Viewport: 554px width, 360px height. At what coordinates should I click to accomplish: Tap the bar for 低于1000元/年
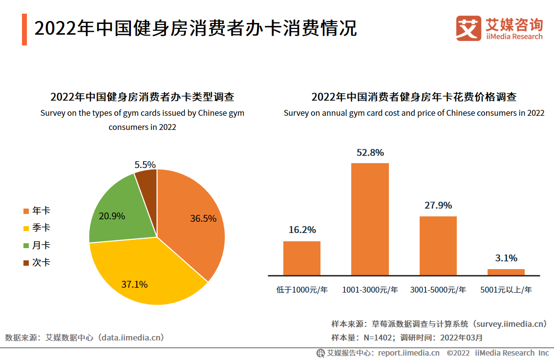[x=302, y=258]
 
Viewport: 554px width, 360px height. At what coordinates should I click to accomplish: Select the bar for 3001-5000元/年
[x=438, y=245]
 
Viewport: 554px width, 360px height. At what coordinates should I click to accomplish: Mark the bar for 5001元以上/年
[x=506, y=272]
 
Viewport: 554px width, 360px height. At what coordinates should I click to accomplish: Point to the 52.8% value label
[x=370, y=153]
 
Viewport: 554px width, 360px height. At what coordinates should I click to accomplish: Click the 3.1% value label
[x=506, y=258]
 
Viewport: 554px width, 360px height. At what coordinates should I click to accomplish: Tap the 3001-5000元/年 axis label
[x=438, y=290]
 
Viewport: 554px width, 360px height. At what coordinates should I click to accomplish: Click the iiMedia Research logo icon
[x=469, y=28]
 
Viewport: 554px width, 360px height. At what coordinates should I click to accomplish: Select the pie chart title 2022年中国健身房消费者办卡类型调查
[x=142, y=97]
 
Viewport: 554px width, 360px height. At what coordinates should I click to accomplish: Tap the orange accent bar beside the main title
[x=24, y=30]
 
